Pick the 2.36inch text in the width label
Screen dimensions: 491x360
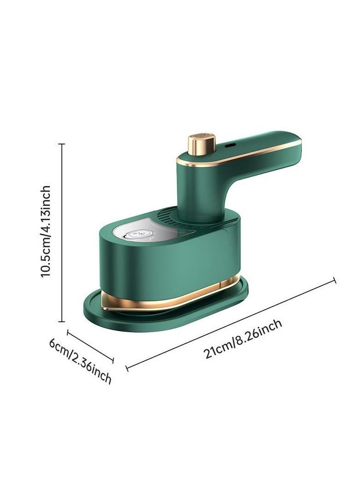pos(92,369)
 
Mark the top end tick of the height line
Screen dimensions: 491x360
pos(62,144)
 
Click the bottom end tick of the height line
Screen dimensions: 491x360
pos(62,321)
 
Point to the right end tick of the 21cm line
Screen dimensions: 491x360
pos(334,280)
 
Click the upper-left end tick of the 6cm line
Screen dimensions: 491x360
pos(68,332)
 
